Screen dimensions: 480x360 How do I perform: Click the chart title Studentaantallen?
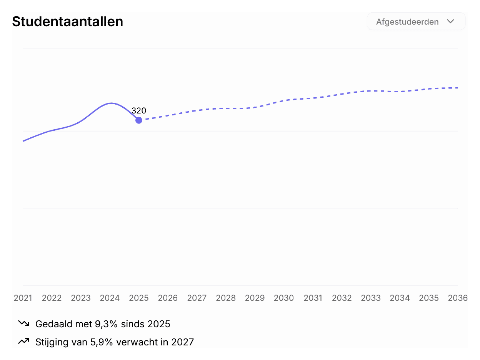coord(67,22)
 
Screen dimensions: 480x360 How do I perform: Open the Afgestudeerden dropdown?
coord(416,22)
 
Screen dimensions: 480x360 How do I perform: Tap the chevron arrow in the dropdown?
coord(450,22)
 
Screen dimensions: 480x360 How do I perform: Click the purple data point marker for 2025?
coord(138,120)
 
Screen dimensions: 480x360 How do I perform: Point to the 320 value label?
coord(138,111)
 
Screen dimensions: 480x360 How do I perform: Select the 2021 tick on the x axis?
coord(23,298)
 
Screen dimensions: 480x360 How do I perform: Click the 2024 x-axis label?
coord(110,298)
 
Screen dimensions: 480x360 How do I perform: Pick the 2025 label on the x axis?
coord(138,298)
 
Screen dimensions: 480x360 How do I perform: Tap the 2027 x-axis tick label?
coord(197,298)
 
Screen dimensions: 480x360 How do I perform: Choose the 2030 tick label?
coord(283,298)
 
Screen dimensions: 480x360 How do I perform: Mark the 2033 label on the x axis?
coord(371,298)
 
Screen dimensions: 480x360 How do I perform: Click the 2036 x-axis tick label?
coord(457,298)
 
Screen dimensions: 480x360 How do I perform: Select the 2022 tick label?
coord(52,298)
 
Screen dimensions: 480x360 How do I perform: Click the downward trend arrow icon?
coord(23,323)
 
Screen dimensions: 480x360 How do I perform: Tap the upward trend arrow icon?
coord(23,341)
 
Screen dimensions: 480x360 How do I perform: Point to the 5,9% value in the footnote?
coord(102,342)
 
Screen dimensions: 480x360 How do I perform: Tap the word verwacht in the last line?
coord(137,342)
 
